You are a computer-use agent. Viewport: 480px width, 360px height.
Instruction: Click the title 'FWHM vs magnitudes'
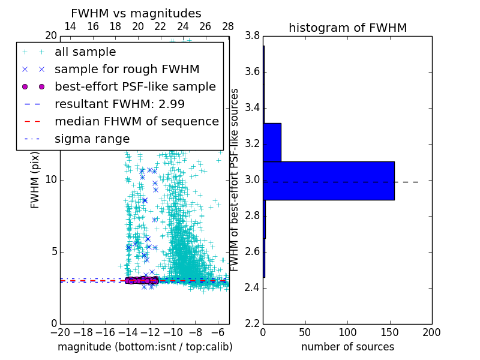136,13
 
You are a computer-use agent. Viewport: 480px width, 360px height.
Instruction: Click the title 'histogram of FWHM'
347,28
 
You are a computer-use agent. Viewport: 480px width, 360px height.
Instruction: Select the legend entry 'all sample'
85,52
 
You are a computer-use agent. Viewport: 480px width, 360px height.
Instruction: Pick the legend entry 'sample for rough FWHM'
127,69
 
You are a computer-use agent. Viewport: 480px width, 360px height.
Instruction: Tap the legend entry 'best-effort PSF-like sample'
135,86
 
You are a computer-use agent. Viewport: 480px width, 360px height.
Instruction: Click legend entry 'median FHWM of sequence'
136,121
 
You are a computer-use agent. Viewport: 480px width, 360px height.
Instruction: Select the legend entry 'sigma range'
92,139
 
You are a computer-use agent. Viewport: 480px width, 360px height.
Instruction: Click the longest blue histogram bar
329,181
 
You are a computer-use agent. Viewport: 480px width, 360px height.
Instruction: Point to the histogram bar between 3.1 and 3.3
272,142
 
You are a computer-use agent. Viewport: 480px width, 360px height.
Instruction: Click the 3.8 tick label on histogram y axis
253,36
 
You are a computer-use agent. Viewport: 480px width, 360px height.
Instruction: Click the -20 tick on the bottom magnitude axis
60,332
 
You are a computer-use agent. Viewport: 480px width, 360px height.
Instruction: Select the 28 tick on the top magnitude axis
228,26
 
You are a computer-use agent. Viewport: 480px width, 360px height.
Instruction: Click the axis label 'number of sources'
347,347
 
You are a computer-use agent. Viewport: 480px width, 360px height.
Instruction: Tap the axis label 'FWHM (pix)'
35,180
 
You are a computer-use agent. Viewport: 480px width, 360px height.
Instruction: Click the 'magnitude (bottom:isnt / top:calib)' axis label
145,347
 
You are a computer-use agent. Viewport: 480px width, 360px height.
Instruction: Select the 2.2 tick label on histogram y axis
253,323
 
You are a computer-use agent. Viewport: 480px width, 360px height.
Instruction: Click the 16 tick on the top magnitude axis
93,26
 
